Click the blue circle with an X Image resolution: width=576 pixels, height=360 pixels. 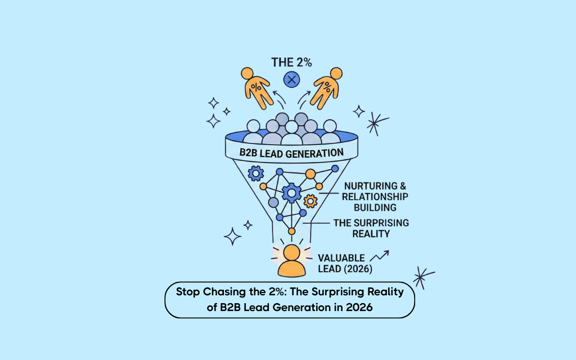292,80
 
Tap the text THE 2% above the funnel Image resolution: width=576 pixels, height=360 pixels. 292,62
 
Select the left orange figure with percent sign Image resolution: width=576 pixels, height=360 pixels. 256,88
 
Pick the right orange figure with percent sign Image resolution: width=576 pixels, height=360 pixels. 326,88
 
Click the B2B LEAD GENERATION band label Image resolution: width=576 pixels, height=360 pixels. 292,153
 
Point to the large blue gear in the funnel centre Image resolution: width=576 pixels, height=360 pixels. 292,193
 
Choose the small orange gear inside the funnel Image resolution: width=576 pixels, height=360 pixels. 310,201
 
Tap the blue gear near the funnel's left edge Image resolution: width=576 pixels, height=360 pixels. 256,173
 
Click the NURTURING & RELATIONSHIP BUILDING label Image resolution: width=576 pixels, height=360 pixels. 375,196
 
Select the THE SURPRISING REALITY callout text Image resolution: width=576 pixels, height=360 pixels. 371,228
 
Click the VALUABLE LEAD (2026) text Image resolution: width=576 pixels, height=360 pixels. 345,263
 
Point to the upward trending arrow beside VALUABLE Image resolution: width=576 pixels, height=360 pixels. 379,256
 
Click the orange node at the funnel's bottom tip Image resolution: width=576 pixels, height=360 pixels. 292,231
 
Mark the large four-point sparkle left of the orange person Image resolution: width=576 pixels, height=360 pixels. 232,237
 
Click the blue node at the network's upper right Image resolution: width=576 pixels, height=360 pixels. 335,169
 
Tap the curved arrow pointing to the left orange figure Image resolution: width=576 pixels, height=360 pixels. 279,98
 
